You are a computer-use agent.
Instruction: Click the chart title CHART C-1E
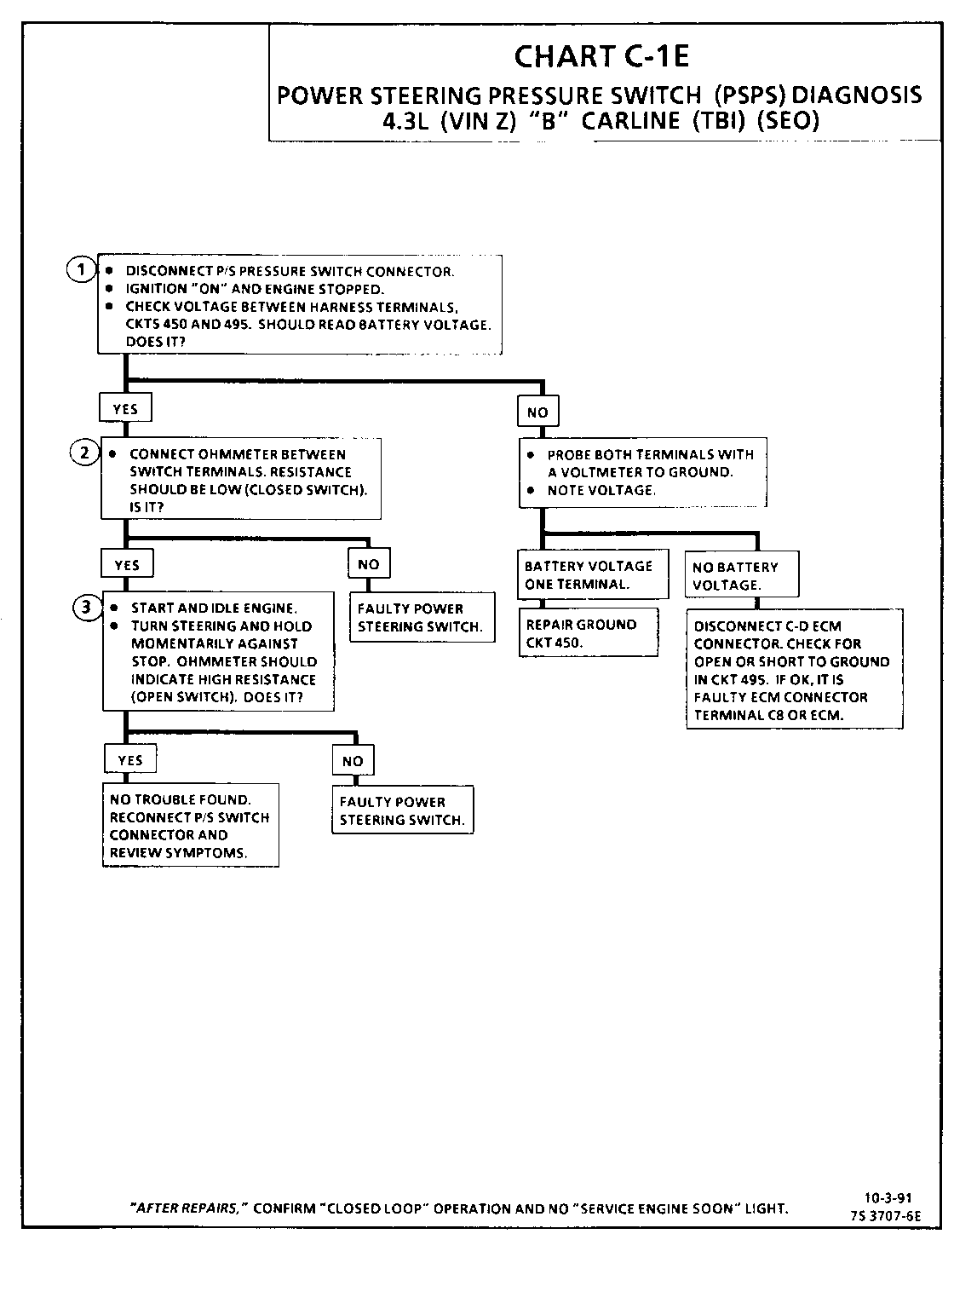click(601, 56)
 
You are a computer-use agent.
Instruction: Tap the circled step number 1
click(81, 270)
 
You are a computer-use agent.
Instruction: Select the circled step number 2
click(84, 453)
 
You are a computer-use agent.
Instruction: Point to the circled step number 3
click(86, 608)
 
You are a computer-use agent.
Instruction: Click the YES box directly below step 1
click(125, 409)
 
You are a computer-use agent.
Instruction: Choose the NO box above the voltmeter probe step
click(537, 412)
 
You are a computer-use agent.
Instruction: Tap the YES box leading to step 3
click(127, 564)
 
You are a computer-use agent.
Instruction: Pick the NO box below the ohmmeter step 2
click(368, 563)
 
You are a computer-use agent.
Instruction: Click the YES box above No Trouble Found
click(129, 760)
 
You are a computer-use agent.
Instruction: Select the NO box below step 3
click(352, 761)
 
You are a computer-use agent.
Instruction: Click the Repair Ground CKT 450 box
click(589, 633)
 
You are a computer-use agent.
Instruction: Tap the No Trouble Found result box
click(190, 826)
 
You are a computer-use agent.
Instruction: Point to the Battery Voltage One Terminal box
click(592, 575)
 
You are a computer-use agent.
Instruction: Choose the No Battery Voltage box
click(740, 576)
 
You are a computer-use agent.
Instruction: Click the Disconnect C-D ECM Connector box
click(794, 670)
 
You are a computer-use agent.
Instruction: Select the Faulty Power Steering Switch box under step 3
click(402, 810)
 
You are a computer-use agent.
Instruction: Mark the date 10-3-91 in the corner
click(888, 1198)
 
